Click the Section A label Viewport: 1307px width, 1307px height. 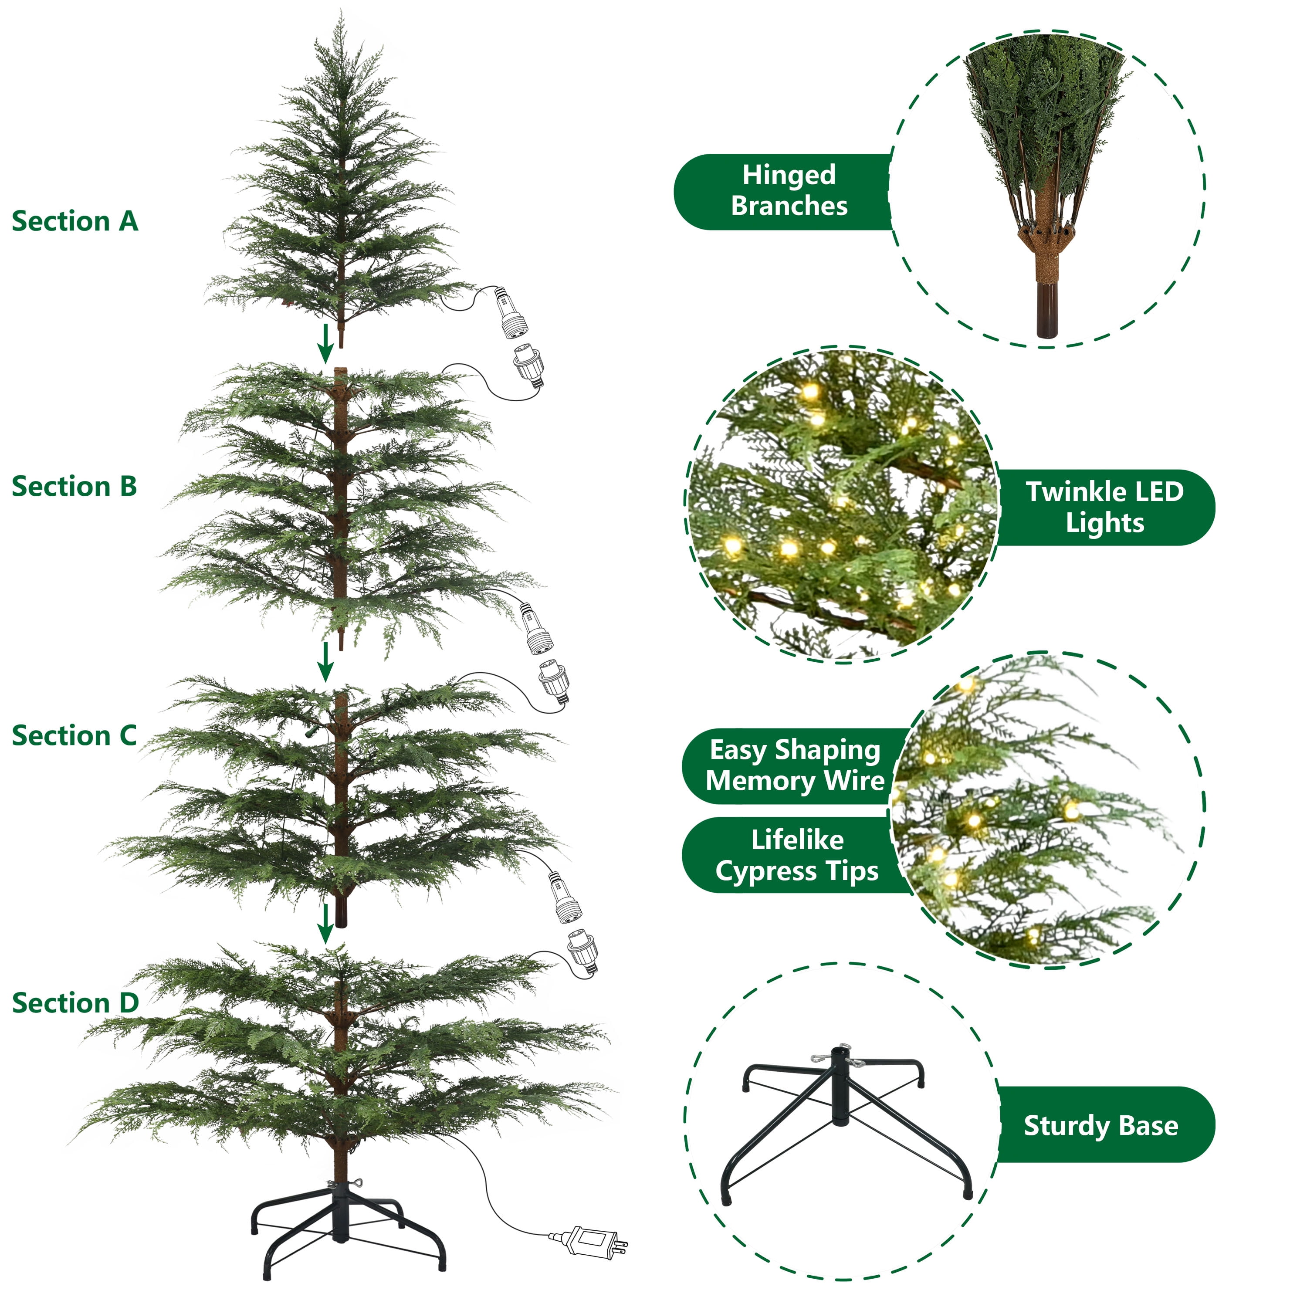(x=75, y=222)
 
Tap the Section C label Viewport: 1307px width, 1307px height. (x=74, y=736)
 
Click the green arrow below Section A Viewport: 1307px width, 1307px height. (x=326, y=342)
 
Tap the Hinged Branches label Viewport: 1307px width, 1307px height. (x=789, y=191)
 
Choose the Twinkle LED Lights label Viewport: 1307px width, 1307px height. (x=1105, y=508)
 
